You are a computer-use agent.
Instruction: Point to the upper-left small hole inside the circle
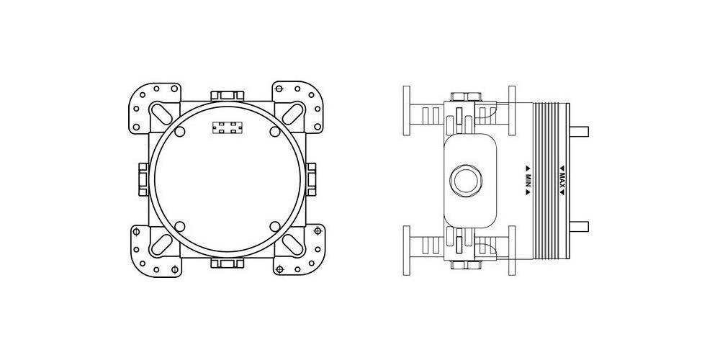(180, 131)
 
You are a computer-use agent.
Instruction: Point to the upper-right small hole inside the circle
(274, 131)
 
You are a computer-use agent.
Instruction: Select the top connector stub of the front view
(228, 96)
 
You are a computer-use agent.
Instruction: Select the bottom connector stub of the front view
(228, 263)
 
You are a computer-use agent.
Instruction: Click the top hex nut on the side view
(464, 96)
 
